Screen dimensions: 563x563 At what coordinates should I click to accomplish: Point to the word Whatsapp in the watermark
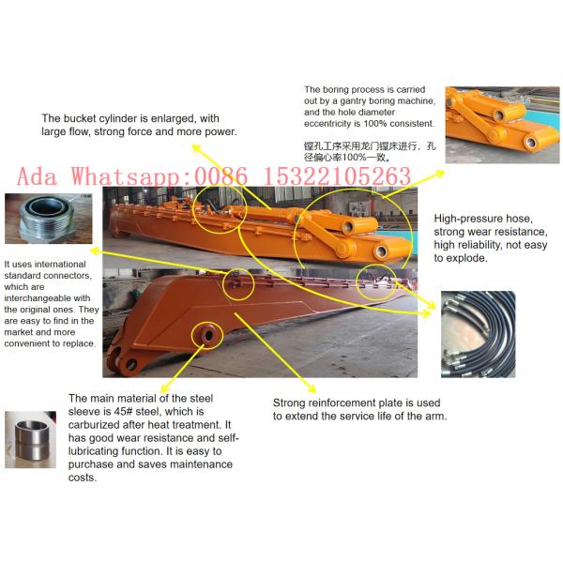[133, 176]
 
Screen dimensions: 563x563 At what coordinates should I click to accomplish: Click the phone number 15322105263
[332, 176]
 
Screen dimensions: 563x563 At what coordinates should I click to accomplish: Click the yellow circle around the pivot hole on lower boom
[205, 332]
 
